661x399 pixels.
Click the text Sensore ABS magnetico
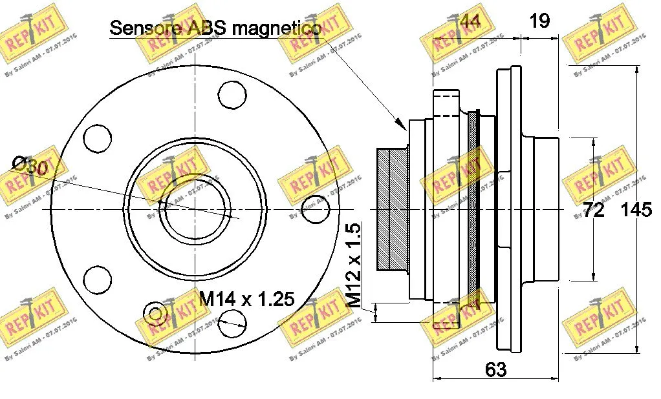click(215, 28)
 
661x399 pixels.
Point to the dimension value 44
click(469, 21)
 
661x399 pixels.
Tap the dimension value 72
click(593, 210)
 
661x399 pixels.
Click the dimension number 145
click(637, 210)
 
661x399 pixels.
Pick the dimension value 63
click(495, 370)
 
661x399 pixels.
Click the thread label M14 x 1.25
click(246, 299)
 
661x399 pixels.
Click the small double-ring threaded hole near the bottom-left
click(155, 313)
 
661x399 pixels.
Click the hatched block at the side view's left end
click(392, 210)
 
